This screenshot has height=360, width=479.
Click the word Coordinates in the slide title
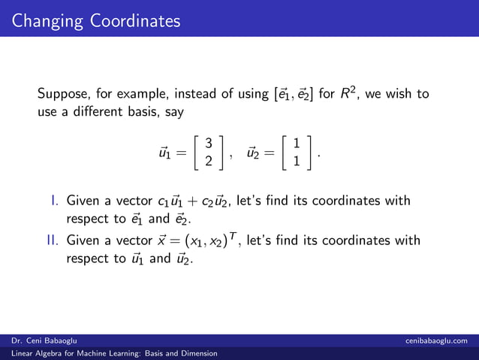click(x=135, y=20)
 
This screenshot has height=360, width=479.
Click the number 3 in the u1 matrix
click(x=209, y=143)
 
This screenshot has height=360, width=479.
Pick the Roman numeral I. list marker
click(x=55, y=201)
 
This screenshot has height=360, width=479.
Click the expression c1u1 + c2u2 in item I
click(x=194, y=201)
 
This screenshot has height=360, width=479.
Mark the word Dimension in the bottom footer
click(x=197, y=352)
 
